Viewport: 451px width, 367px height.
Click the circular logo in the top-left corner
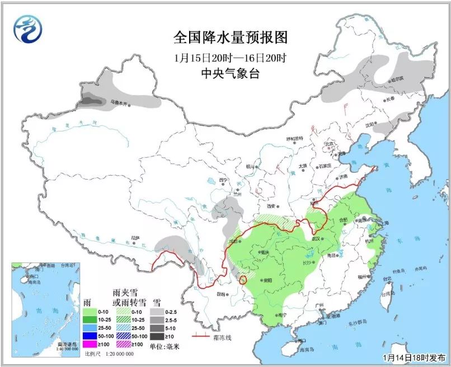(28, 29)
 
